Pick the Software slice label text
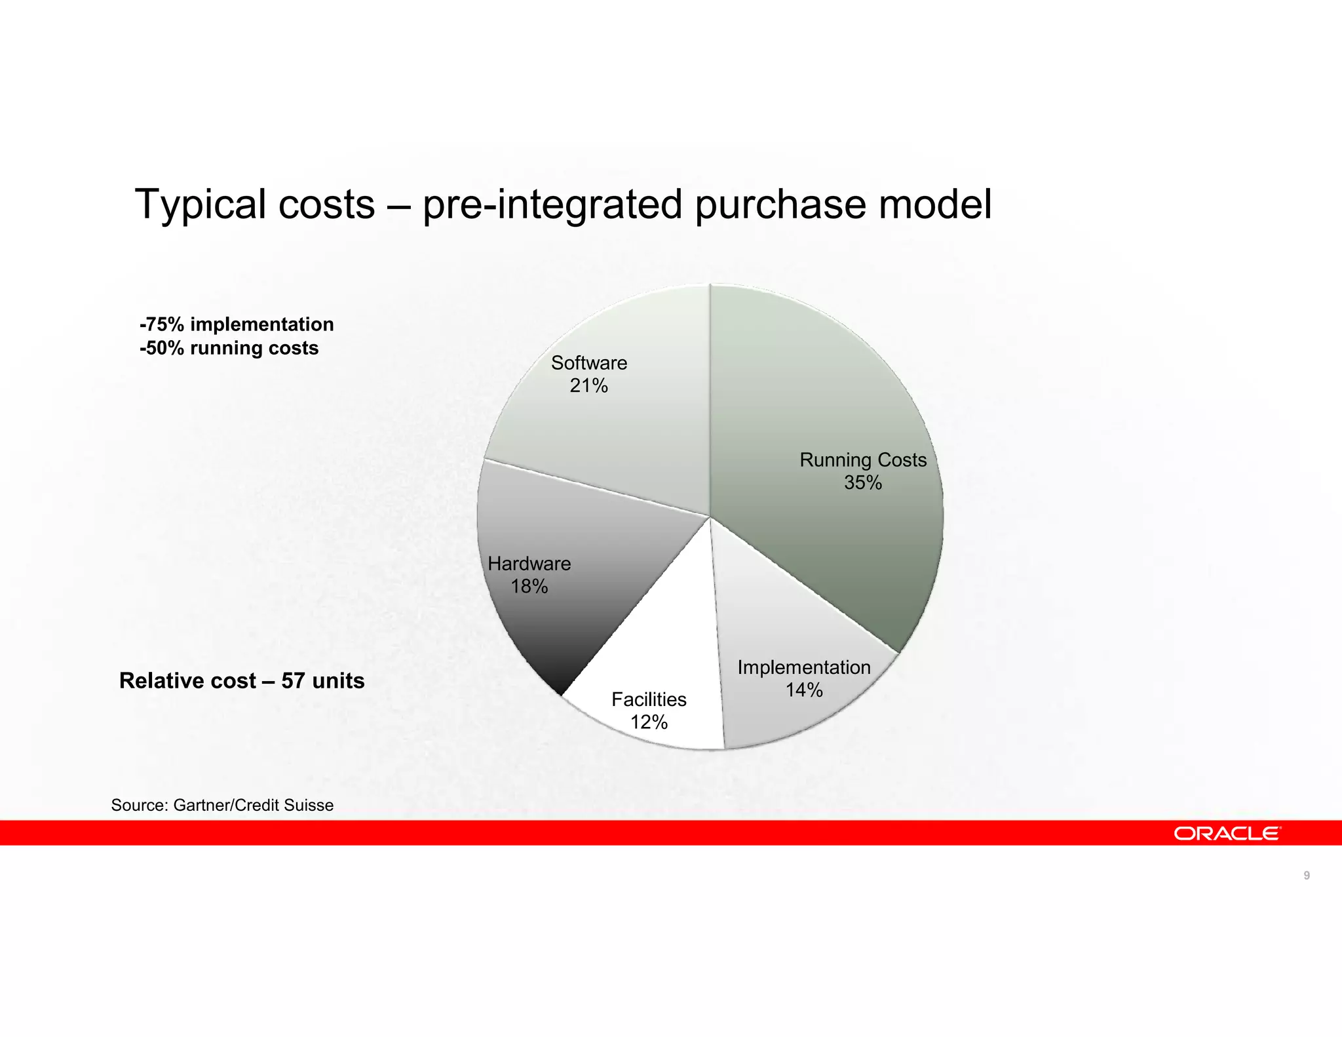pyautogui.click(x=588, y=363)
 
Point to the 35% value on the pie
pyautogui.click(x=862, y=483)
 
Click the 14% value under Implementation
pyautogui.click(x=804, y=690)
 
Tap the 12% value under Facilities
pyautogui.click(x=649, y=722)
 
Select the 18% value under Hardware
pyautogui.click(x=529, y=587)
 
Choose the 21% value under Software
pyautogui.click(x=588, y=386)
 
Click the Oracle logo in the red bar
pyautogui.click(x=1227, y=833)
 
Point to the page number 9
pyautogui.click(x=1307, y=876)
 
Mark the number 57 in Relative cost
pyautogui.click(x=294, y=681)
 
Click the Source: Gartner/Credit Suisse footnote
pyautogui.click(x=222, y=805)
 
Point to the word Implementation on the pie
pyautogui.click(x=804, y=667)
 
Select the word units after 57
pyautogui.click(x=338, y=681)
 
